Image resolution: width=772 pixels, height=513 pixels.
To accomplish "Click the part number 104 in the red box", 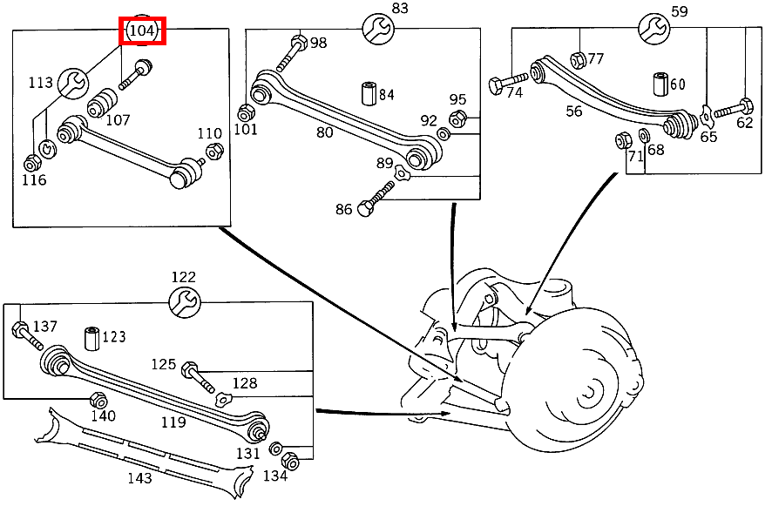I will (x=142, y=31).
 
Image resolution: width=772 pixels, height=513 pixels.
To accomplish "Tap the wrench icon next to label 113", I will (x=72, y=84).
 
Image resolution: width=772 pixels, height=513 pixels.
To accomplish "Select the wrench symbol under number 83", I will (x=378, y=29).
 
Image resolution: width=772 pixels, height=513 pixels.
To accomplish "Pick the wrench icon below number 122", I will (x=184, y=302).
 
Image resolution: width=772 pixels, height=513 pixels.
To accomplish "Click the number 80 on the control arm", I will (x=324, y=132).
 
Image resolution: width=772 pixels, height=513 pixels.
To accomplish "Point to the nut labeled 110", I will (x=212, y=152).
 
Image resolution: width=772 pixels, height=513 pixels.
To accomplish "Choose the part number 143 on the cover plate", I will (x=139, y=477).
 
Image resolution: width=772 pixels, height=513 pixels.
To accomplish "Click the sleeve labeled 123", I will (x=91, y=337).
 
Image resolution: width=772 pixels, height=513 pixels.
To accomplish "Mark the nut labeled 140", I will (x=98, y=401).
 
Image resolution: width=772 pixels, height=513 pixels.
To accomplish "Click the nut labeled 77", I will (x=577, y=59).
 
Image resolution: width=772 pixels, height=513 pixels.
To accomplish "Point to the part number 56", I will (x=573, y=111).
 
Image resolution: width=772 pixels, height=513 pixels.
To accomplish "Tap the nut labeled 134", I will (x=292, y=462).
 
